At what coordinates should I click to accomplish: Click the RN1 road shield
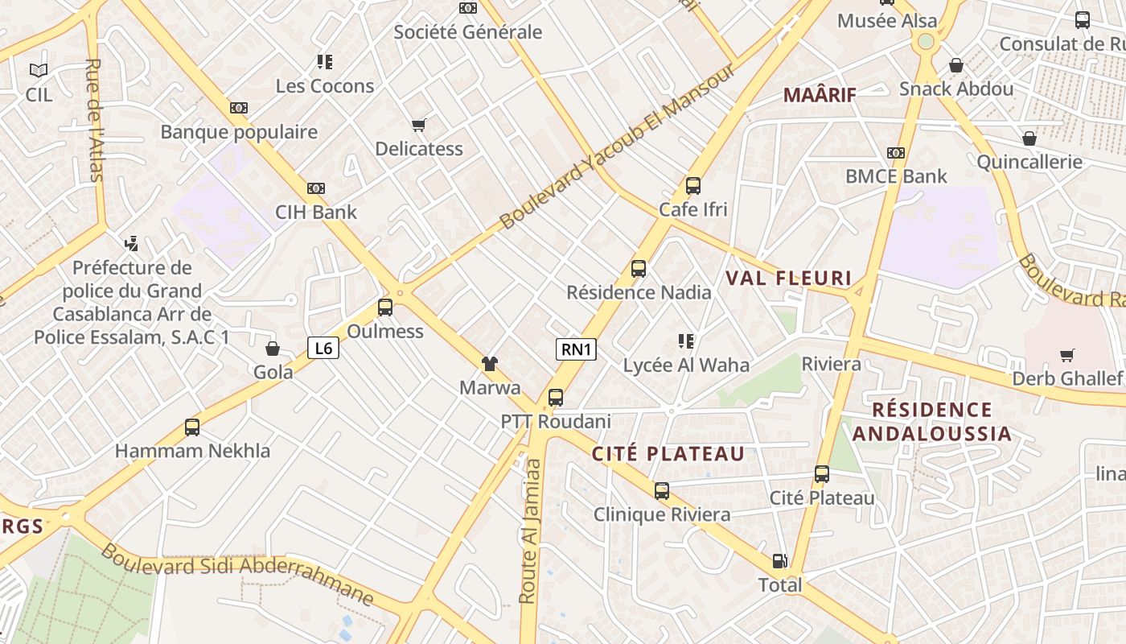pos(576,349)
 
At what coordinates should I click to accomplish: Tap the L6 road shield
pos(323,348)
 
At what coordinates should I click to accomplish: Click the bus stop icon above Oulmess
pos(385,307)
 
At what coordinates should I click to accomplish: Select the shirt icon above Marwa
pos(489,364)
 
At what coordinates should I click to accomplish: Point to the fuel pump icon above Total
pos(779,561)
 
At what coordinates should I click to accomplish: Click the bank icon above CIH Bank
pos(316,188)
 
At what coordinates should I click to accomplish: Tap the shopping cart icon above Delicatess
pos(418,125)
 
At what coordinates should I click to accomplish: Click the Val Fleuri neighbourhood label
pos(788,279)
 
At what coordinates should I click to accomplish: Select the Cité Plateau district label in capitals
pos(668,454)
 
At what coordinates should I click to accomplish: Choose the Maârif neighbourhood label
pos(820,95)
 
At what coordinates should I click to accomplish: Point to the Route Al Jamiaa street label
pos(529,530)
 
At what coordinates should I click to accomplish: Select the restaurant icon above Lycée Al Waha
pos(686,341)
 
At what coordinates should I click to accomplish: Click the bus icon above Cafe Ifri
pos(693,186)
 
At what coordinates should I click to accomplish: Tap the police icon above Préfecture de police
pos(132,243)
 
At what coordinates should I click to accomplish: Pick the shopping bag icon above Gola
pos(273,349)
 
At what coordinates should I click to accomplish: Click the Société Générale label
pos(468,32)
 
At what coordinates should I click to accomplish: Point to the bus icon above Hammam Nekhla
pos(192,427)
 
